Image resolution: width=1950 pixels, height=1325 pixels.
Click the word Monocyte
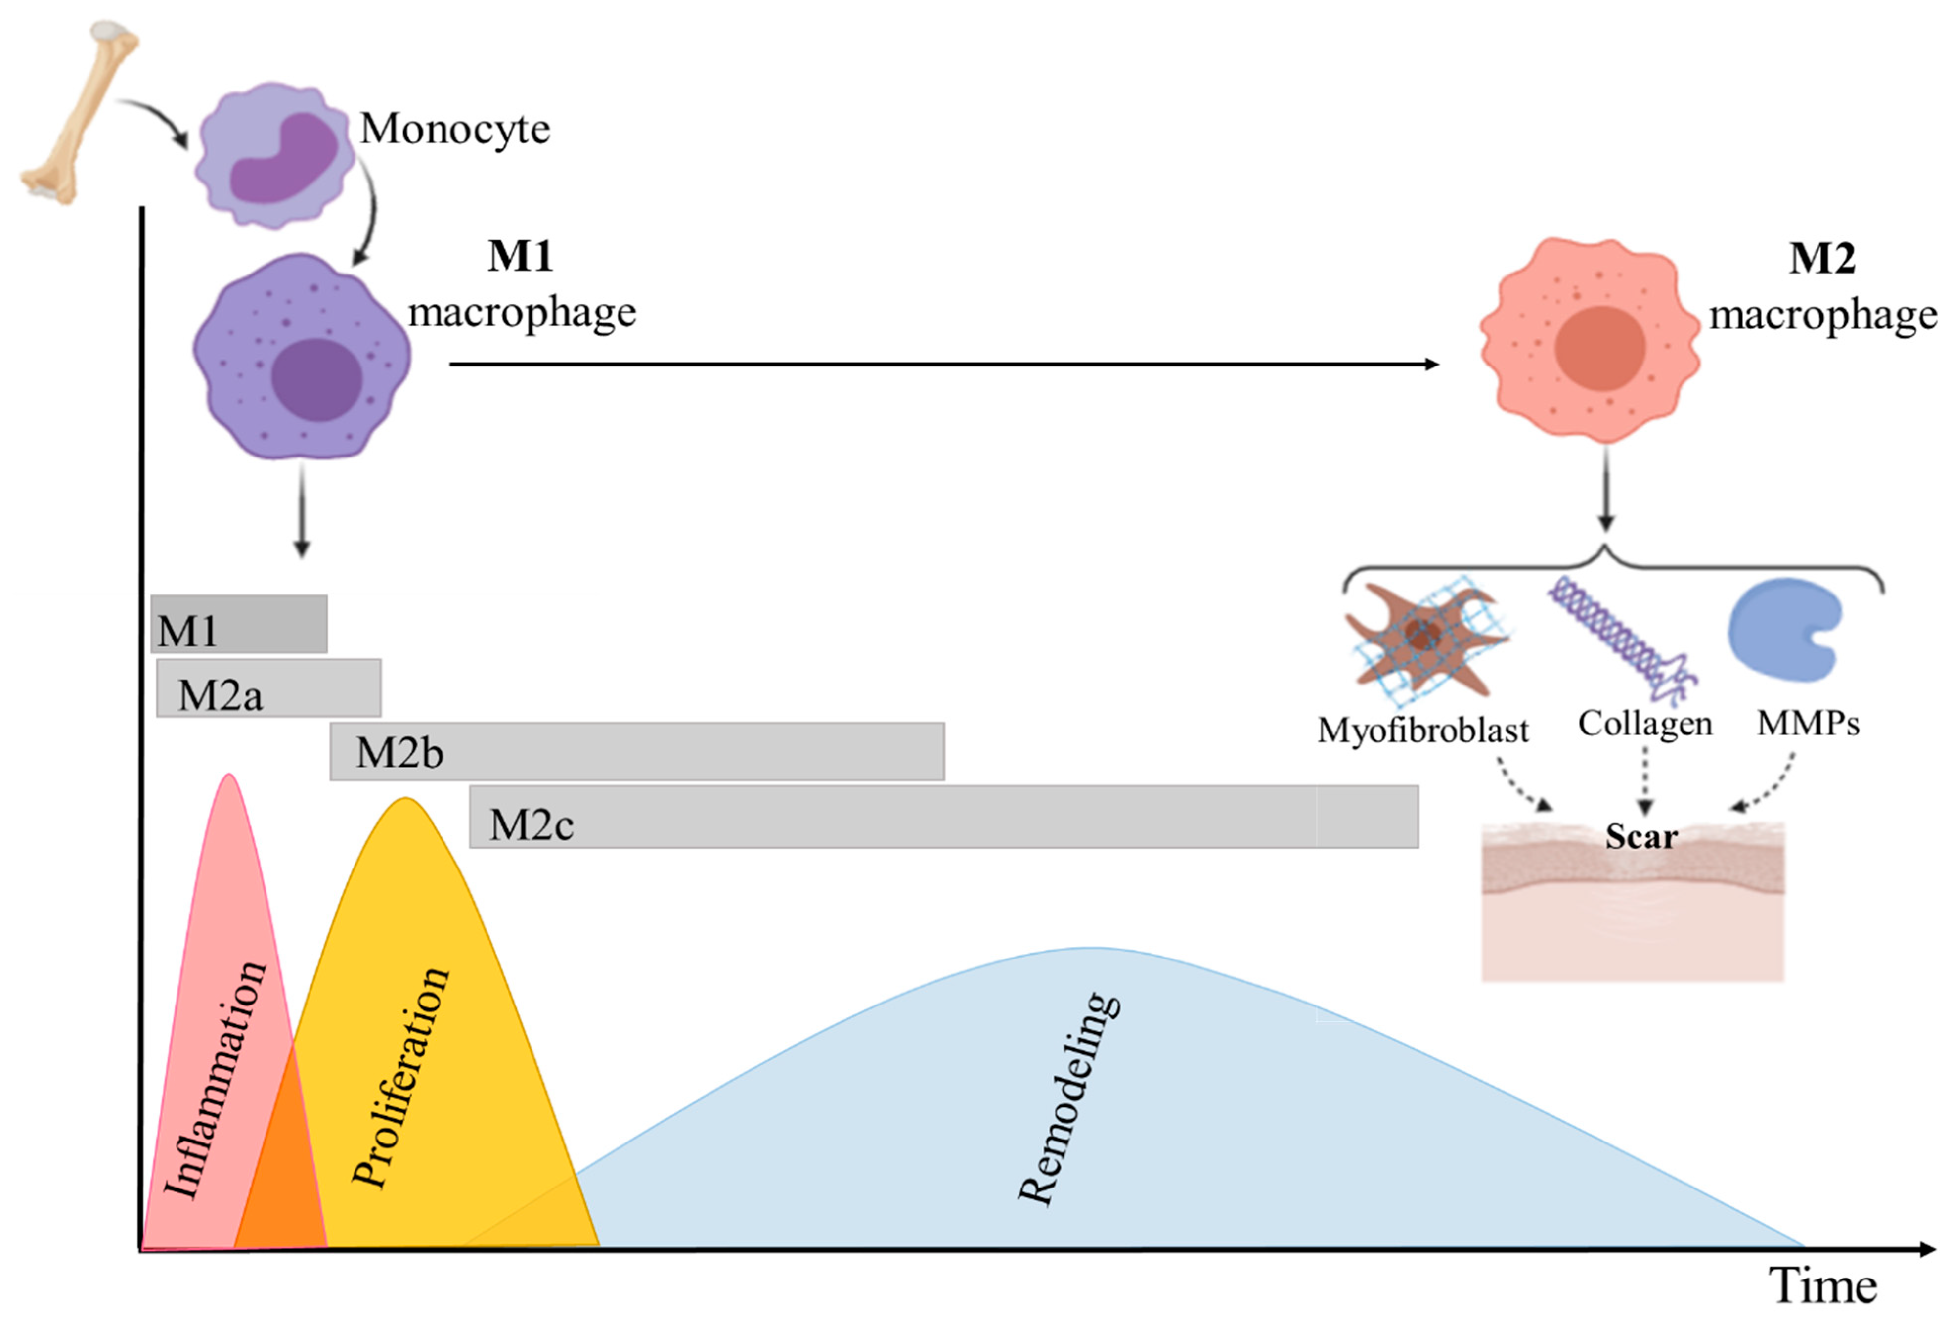click(x=455, y=129)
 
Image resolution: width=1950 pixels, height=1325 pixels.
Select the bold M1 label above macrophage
click(x=520, y=256)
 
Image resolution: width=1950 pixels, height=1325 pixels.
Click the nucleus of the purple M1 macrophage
click(x=316, y=379)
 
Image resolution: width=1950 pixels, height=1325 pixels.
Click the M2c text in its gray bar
click(x=531, y=825)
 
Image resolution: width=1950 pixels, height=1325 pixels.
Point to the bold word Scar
click(x=1641, y=837)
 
